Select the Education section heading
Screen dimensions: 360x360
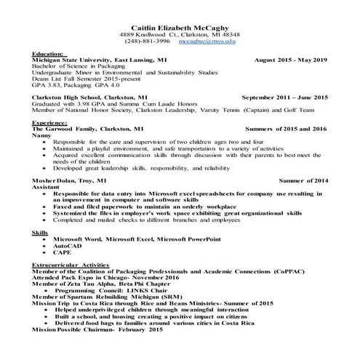[x=49, y=54]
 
